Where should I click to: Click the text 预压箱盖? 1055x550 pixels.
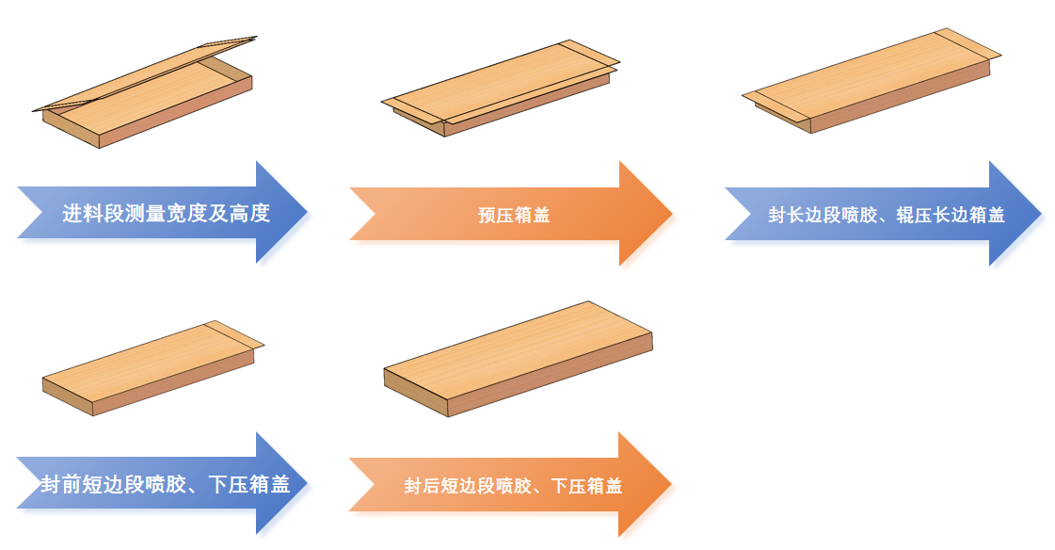(514, 215)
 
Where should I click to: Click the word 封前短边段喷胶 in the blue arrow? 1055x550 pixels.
(104, 485)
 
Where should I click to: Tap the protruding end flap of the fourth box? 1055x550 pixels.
(235, 334)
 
